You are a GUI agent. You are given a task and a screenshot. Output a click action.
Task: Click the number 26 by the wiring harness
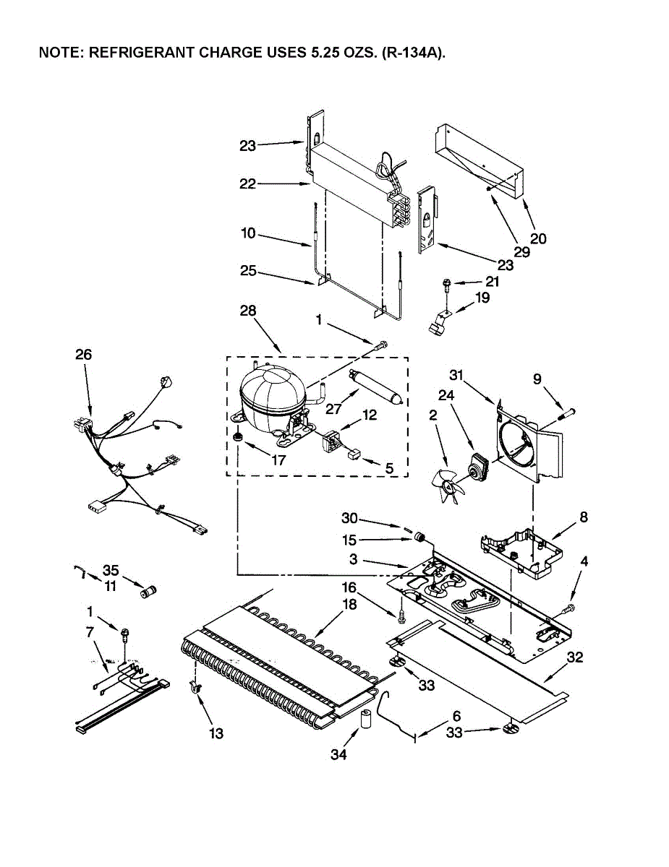tap(84, 354)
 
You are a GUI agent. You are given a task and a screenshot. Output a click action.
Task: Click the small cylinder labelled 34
tap(365, 720)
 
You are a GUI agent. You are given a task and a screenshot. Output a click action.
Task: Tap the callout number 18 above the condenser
tap(349, 605)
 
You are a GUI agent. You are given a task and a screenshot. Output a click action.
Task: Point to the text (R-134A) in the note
tap(414, 53)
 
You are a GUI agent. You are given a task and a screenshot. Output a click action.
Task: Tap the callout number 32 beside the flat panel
tap(575, 657)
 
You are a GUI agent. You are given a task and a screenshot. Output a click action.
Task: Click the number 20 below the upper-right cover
tap(538, 239)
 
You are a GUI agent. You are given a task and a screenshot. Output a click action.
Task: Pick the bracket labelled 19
tap(438, 324)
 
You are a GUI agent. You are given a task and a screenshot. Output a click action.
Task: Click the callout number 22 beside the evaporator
tap(248, 184)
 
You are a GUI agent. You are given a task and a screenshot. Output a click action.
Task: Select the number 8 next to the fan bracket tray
tap(584, 517)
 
